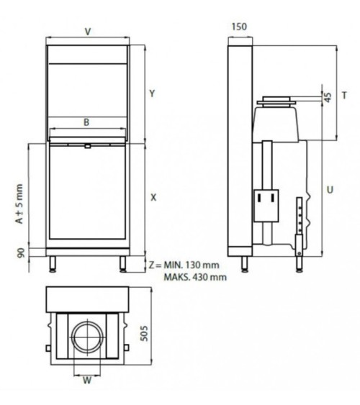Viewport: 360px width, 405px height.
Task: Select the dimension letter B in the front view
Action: pyautogui.click(x=86, y=122)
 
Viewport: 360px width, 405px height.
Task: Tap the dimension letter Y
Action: pyautogui.click(x=152, y=94)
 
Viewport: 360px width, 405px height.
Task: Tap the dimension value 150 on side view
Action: pyautogui.click(x=239, y=27)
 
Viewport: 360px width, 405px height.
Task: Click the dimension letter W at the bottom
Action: pyautogui.click(x=86, y=381)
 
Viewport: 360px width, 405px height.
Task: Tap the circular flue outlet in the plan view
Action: pyautogui.click(x=87, y=337)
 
